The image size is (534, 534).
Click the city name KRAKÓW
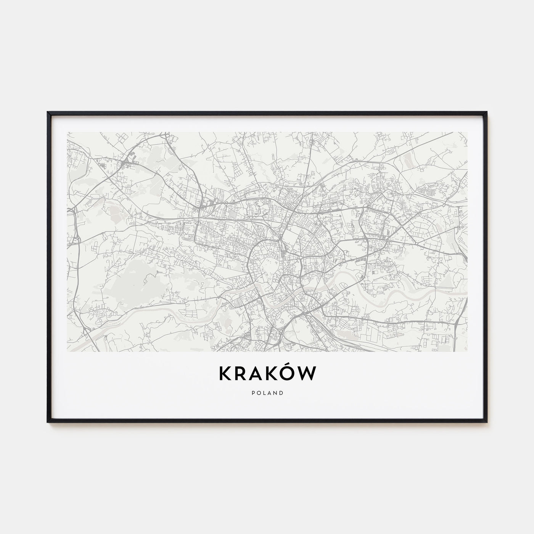click(x=267, y=373)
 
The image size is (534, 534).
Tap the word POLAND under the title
click(x=267, y=393)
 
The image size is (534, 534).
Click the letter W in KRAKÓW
click(x=307, y=374)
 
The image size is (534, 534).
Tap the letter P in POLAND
click(x=253, y=393)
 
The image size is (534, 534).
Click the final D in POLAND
click(x=281, y=393)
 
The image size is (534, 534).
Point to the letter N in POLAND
click(x=275, y=393)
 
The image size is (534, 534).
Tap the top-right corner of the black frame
click(x=486, y=113)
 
